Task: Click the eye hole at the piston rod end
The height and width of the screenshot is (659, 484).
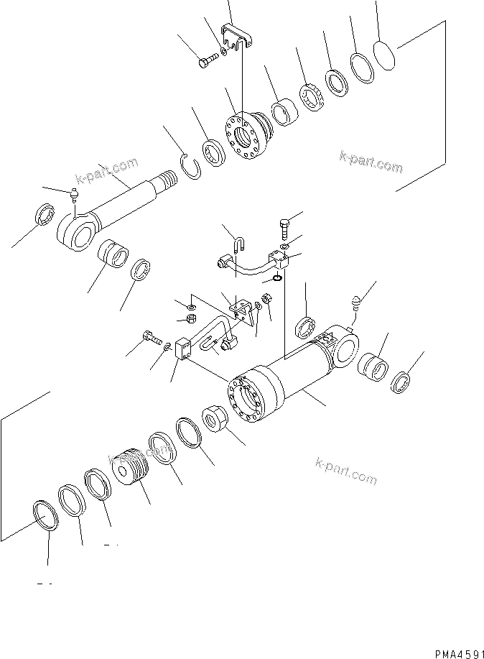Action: pyautogui.click(x=74, y=229)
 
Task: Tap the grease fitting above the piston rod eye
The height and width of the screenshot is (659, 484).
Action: pyautogui.click(x=75, y=194)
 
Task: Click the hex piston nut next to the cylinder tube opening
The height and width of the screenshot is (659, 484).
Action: pyautogui.click(x=218, y=419)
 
